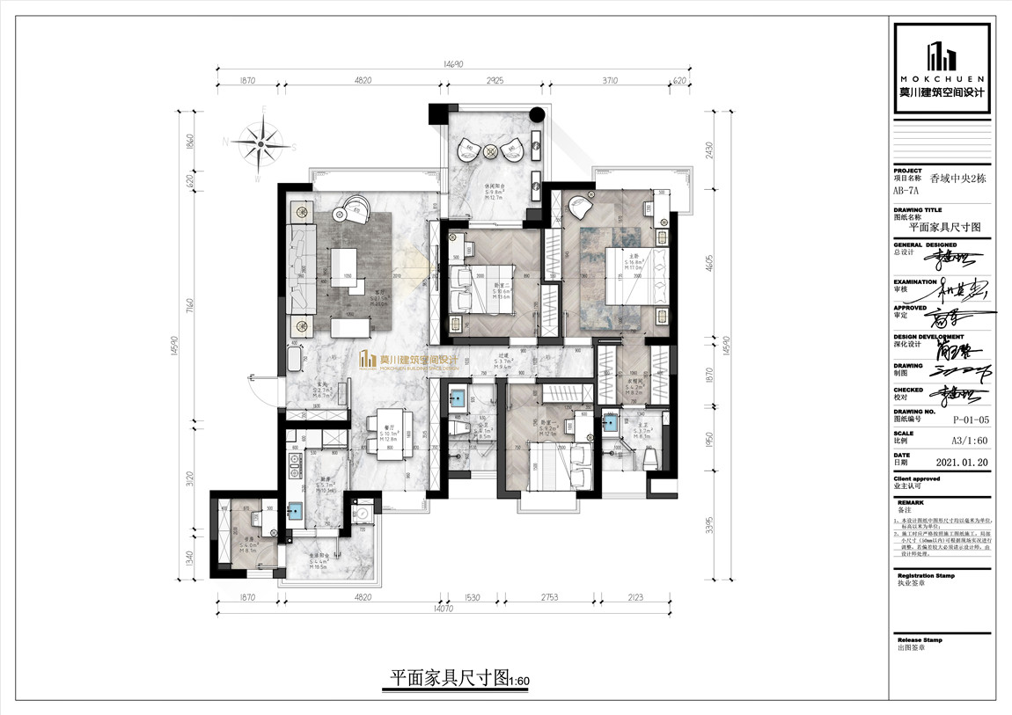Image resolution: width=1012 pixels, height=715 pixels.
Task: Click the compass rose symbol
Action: pyautogui.click(x=261, y=142)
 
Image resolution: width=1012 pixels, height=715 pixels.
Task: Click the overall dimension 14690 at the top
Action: pyautogui.click(x=453, y=64)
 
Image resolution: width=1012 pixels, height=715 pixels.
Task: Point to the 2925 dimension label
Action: pyautogui.click(x=495, y=80)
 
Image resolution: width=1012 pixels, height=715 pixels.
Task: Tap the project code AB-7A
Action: pyautogui.click(x=906, y=189)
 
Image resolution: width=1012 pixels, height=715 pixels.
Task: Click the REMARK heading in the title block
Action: pyautogui.click(x=911, y=503)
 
